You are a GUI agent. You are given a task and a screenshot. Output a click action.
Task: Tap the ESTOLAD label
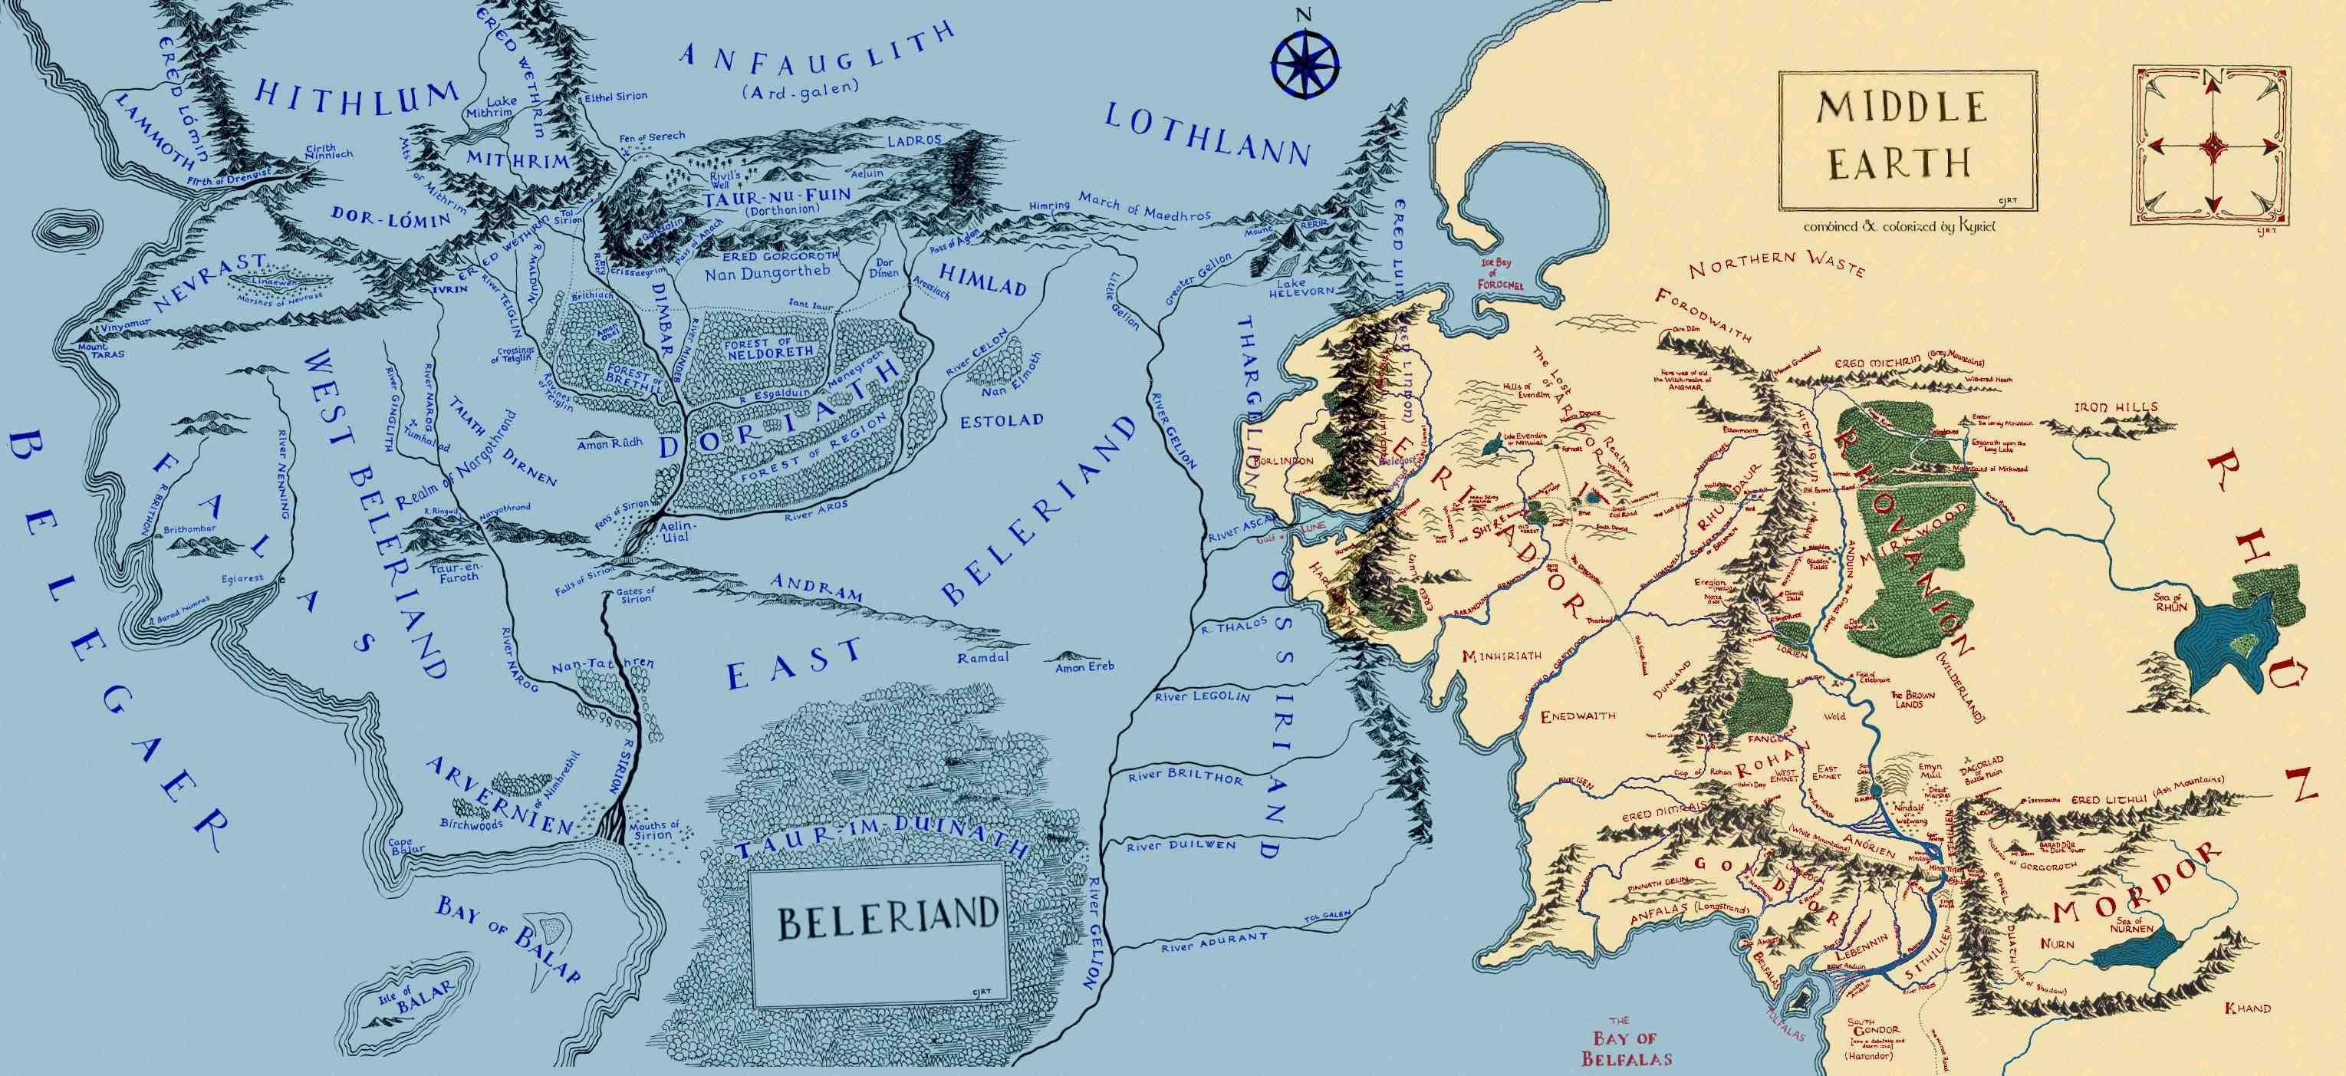1001,421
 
